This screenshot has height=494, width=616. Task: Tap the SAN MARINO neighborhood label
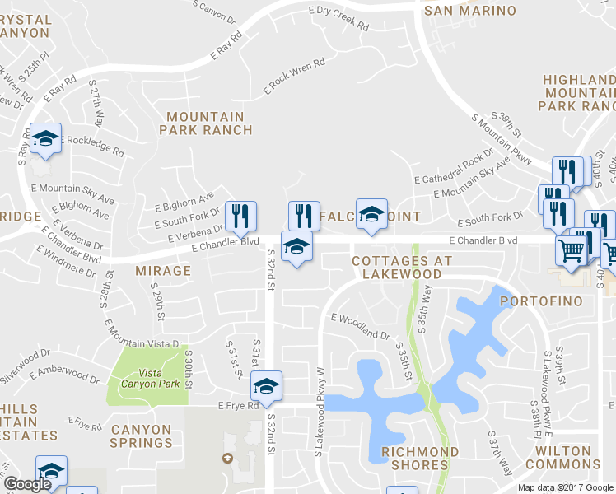point(469,11)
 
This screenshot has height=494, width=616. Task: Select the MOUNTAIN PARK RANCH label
point(206,123)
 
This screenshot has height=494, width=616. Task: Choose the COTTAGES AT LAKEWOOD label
point(403,267)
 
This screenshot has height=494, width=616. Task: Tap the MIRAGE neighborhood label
point(163,270)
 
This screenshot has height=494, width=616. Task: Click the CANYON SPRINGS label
point(141,436)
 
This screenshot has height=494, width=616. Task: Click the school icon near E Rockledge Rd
point(45,137)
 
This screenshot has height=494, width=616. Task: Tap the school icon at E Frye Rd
point(267,384)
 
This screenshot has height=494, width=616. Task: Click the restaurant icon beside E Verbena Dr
point(240,216)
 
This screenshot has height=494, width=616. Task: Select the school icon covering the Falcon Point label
point(371,214)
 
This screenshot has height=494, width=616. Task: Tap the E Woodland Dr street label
point(361,326)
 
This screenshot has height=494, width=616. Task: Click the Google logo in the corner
point(28,485)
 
